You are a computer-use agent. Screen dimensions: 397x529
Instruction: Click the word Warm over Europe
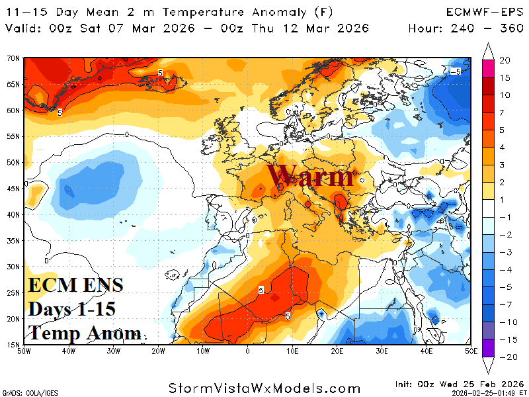pos(310,177)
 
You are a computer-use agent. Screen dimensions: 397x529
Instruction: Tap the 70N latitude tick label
pos(13,58)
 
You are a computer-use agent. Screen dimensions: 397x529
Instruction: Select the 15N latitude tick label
pos(13,344)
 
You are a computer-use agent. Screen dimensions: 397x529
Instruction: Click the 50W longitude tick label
pos(24,350)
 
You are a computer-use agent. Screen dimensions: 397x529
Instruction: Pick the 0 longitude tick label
pos(247,350)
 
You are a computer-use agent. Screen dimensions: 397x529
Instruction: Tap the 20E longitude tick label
pos(337,350)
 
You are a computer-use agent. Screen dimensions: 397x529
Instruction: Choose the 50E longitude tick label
pos(470,350)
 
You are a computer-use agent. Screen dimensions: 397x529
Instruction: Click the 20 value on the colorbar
pos(505,60)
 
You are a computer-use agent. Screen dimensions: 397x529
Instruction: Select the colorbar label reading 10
pos(505,95)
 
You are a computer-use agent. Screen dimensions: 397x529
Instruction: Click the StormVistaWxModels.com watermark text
pos(264,388)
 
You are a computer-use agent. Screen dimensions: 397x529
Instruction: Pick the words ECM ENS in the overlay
pos(75,285)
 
